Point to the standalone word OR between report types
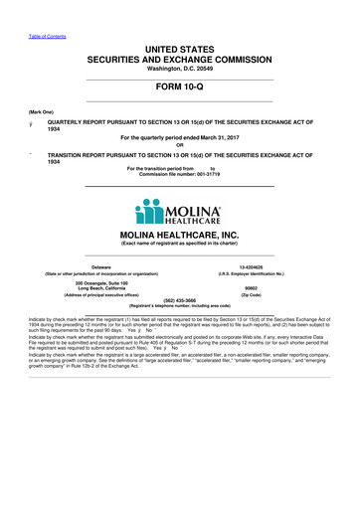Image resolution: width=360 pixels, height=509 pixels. [180, 142]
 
